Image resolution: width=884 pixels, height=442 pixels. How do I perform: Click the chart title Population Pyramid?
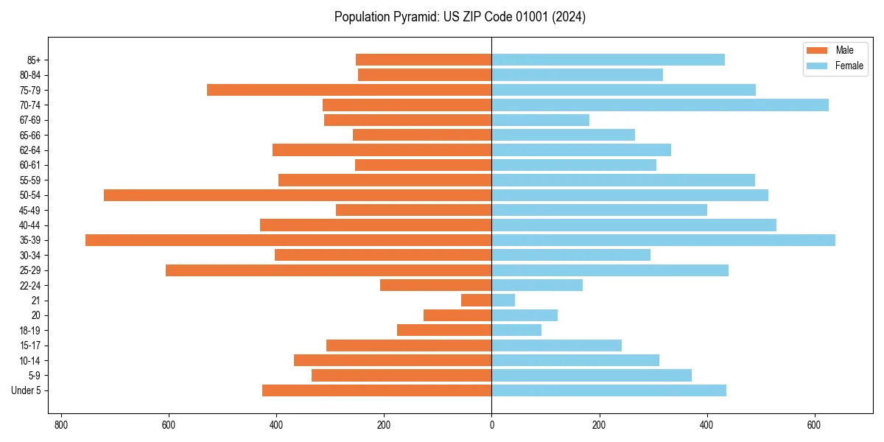[460, 17]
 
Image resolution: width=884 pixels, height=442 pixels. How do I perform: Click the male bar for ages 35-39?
[288, 240]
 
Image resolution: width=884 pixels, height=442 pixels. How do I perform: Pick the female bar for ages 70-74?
[659, 105]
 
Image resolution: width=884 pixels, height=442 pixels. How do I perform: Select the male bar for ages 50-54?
[298, 195]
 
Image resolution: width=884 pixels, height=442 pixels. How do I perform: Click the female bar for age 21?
[503, 300]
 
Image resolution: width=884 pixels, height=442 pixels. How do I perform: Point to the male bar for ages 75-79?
[349, 90]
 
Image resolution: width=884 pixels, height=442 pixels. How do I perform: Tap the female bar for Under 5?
[608, 390]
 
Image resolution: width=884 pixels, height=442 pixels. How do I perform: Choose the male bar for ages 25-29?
[329, 270]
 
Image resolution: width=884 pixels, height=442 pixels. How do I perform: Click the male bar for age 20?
[457, 315]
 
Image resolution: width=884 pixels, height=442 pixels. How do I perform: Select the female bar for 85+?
[608, 60]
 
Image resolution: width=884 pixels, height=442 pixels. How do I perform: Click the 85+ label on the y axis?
[34, 60]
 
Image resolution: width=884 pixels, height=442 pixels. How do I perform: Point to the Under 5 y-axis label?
[26, 390]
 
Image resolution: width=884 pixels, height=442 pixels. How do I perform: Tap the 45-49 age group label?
[30, 210]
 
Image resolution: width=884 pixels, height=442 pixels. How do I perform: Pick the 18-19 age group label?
[30, 330]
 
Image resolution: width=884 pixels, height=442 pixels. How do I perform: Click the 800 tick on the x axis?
[61, 425]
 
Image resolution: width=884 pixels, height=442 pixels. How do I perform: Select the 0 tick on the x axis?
[491, 425]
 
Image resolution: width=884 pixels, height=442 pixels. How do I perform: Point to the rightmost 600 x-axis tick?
[814, 425]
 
